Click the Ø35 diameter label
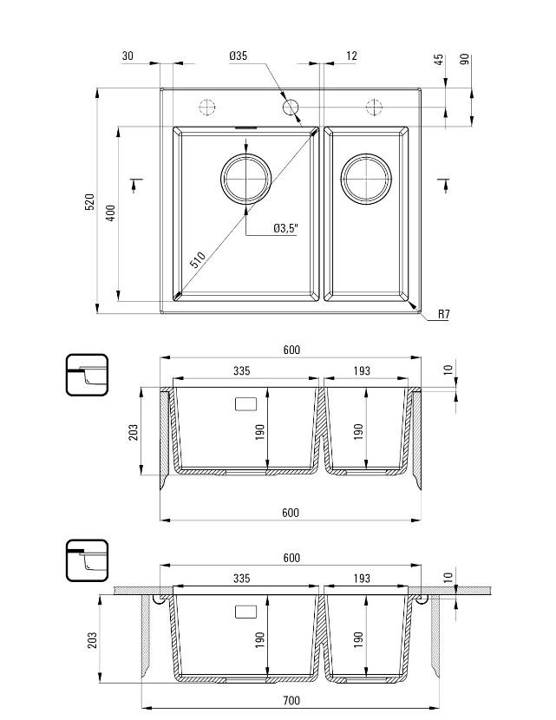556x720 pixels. (239, 56)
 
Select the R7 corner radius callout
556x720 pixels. (443, 314)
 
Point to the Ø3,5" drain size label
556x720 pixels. (285, 228)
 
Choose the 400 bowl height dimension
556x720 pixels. (110, 213)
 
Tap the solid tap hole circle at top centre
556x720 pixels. (291, 107)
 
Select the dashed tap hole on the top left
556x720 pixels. (207, 107)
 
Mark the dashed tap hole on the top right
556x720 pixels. (374, 107)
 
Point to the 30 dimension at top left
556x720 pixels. (128, 56)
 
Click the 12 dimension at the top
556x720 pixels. (351, 56)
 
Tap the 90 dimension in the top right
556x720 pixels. (465, 60)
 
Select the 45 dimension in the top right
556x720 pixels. (439, 60)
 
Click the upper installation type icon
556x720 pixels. (87, 375)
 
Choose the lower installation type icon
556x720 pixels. (87, 560)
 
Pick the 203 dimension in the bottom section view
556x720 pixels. (93, 639)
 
